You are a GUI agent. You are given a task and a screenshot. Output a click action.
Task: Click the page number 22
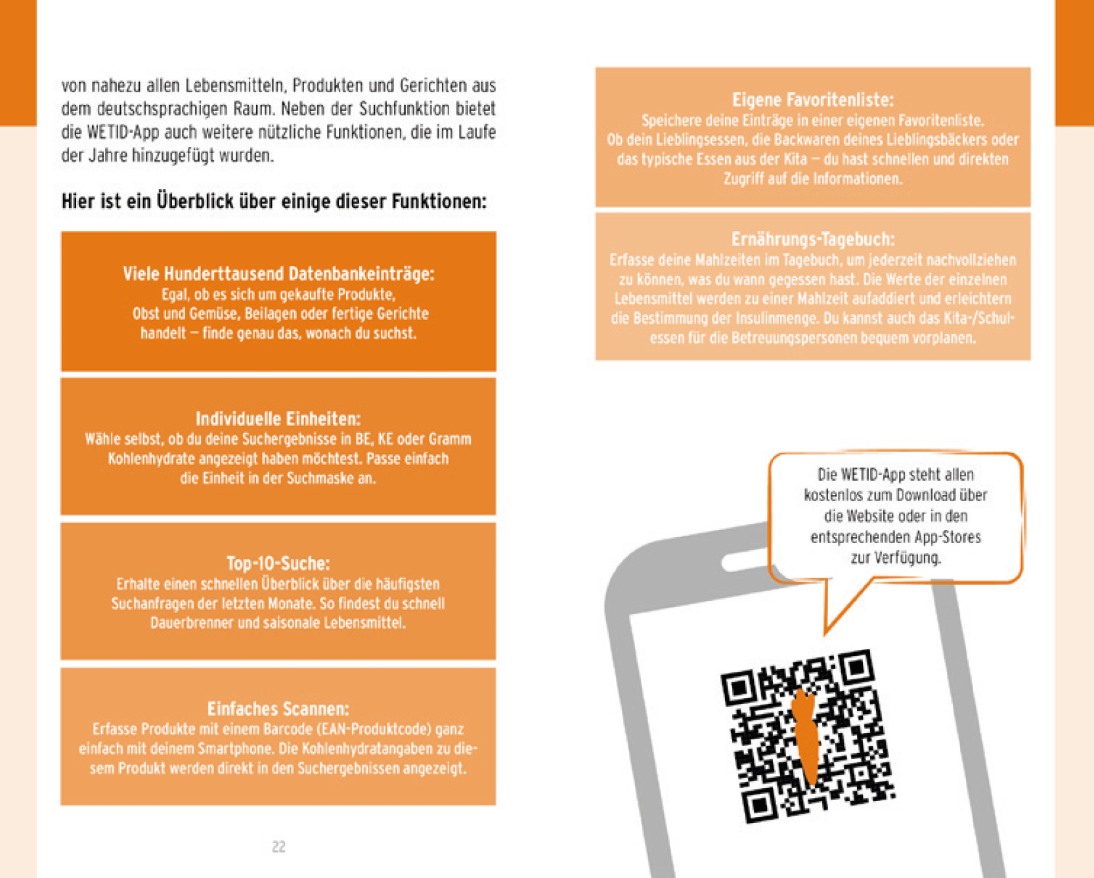pyautogui.click(x=278, y=846)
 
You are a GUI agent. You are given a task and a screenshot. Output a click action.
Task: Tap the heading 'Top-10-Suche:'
pyautogui.click(x=278, y=563)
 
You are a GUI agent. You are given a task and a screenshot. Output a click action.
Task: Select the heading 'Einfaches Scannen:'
pyautogui.click(x=278, y=709)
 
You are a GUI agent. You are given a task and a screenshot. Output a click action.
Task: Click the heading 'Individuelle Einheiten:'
pyautogui.click(x=278, y=418)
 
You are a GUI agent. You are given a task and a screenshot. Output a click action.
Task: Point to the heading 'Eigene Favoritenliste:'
pyautogui.click(x=813, y=100)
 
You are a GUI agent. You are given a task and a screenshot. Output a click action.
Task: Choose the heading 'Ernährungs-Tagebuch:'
pyautogui.click(x=813, y=239)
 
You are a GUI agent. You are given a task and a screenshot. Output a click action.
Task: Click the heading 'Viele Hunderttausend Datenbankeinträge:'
pyautogui.click(x=278, y=273)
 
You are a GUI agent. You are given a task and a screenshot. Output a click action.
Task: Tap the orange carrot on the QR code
pyautogui.click(x=806, y=735)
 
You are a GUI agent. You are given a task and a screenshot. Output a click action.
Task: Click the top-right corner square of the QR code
pyautogui.click(x=856, y=669)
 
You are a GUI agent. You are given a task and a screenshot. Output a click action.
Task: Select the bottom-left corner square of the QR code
pyautogui.click(x=760, y=804)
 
